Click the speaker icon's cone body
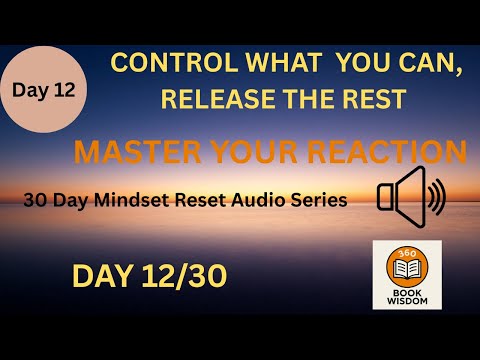pyautogui.click(x=396, y=197)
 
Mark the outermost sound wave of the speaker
pyautogui.click(x=440, y=197)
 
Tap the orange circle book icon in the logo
pyautogui.click(x=408, y=264)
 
